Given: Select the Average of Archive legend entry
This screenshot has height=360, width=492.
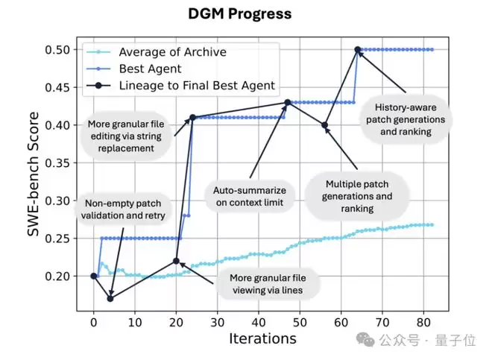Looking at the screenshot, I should coord(173,52).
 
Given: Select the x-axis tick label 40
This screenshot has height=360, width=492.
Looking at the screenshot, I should coord(259,323).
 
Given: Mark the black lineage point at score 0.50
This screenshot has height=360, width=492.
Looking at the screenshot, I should coord(358,50).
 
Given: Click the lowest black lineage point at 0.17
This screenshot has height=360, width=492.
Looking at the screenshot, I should coord(110,299).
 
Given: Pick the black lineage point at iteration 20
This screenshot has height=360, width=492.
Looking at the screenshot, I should coord(176,261).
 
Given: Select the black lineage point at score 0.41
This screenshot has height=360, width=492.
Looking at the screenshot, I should coord(192,118).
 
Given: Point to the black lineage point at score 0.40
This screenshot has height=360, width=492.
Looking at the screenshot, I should coord(325,125).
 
